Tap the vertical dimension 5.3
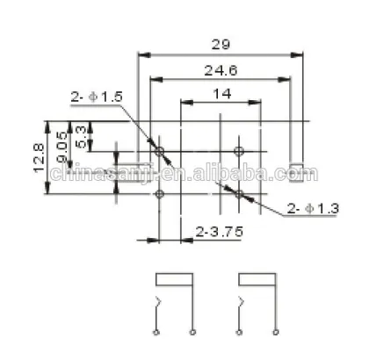pyautogui.click(x=82, y=136)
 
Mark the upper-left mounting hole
pyautogui.click(x=160, y=152)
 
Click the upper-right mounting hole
pyautogui.click(x=239, y=152)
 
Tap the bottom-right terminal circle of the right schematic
pyautogui.click(x=274, y=334)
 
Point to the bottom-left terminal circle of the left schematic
pyautogui.click(x=156, y=334)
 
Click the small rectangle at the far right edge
pyautogui.click(x=297, y=170)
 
